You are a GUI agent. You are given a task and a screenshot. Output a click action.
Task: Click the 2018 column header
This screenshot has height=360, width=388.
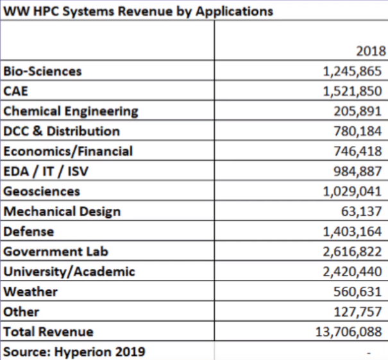[x=371, y=51]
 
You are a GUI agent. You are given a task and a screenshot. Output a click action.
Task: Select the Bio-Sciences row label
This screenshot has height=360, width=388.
[x=42, y=71]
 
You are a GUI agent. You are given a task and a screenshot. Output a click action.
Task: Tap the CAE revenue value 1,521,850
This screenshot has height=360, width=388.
[x=352, y=91]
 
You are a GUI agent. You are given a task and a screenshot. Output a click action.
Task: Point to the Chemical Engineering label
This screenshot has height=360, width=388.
[x=71, y=111]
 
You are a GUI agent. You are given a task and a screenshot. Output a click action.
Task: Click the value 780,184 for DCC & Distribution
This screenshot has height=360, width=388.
[x=358, y=131]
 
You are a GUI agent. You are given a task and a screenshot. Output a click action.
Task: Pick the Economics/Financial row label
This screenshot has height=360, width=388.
[x=68, y=151]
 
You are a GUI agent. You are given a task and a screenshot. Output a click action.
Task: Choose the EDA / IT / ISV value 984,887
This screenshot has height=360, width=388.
[x=358, y=171]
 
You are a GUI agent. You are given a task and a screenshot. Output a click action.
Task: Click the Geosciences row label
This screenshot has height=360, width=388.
[x=42, y=192]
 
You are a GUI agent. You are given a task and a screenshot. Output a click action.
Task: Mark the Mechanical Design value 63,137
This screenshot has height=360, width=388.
[x=361, y=211]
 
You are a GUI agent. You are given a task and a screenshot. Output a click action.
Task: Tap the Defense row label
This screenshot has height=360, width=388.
[x=28, y=231]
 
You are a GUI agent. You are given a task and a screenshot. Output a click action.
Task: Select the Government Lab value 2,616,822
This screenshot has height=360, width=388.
[x=352, y=252]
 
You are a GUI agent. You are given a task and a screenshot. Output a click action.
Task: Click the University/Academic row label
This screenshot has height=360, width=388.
[x=69, y=272]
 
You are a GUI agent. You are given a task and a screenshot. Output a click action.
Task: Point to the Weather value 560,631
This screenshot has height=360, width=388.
[x=357, y=291]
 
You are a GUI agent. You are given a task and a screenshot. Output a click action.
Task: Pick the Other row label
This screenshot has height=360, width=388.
[x=21, y=312]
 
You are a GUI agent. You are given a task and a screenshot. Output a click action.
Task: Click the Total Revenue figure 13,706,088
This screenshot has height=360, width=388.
[x=349, y=332]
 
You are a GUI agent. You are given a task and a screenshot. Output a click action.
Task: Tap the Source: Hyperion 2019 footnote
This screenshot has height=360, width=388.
[x=74, y=352]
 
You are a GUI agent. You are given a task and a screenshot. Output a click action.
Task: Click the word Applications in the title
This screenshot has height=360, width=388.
[x=234, y=12]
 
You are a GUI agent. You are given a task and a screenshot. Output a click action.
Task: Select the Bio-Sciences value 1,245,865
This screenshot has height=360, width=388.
[x=352, y=71]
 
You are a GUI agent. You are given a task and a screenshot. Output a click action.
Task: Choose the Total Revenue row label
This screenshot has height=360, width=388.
[x=49, y=332]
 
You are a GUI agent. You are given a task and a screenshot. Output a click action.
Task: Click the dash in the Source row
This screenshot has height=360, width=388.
[x=369, y=353]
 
